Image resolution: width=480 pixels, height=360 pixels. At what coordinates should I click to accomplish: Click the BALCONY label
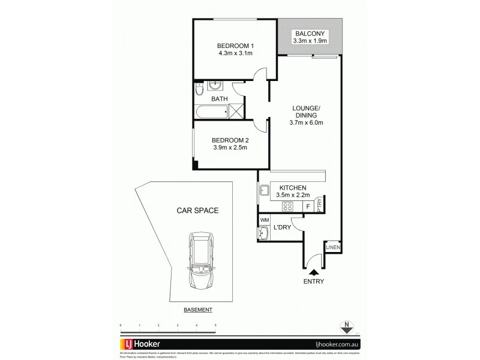310,34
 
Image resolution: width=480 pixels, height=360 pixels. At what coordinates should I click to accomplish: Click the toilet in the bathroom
200,91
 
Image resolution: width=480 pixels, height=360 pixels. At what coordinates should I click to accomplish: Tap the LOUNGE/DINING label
306,112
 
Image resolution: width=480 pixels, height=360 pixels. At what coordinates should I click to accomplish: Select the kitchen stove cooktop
288,206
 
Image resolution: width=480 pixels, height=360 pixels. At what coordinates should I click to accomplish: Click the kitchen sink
264,192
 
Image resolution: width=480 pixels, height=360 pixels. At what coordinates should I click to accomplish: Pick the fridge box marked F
308,206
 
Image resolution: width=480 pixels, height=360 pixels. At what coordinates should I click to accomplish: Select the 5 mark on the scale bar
215,325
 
